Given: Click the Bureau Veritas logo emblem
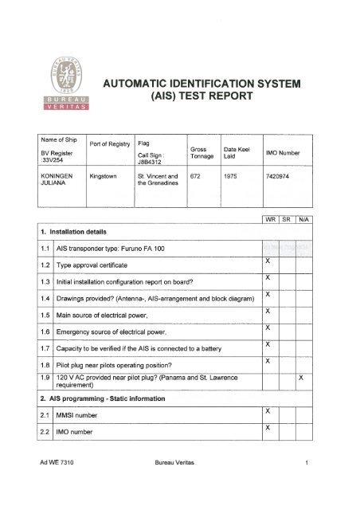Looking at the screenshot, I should [66, 75].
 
